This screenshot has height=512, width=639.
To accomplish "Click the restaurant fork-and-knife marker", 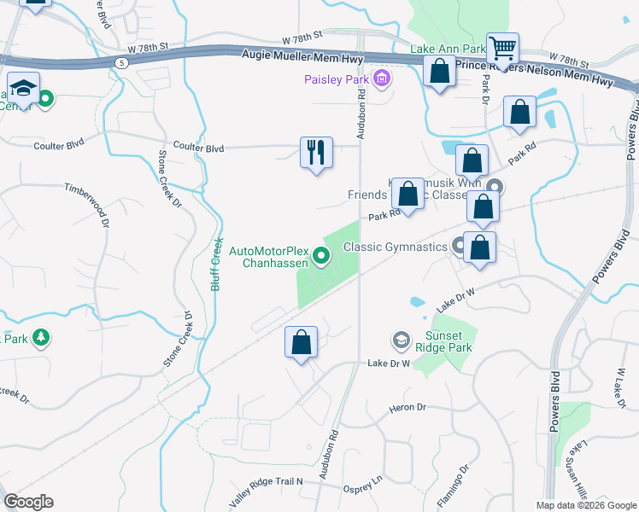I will click(316, 153).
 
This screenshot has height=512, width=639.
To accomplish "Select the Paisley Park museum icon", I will click(381, 80).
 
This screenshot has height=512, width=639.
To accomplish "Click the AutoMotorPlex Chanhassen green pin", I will click(321, 254).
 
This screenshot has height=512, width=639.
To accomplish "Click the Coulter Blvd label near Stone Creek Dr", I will click(198, 148).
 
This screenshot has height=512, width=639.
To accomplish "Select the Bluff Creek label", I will click(217, 263).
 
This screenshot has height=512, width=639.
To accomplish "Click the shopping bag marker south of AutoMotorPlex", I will click(301, 343).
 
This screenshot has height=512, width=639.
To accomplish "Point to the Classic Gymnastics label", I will click(395, 247).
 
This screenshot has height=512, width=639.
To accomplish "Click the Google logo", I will click(28, 502).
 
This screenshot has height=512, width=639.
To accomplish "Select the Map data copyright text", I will click(585, 505).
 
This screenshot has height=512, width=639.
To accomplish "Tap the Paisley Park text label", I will click(337, 80).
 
